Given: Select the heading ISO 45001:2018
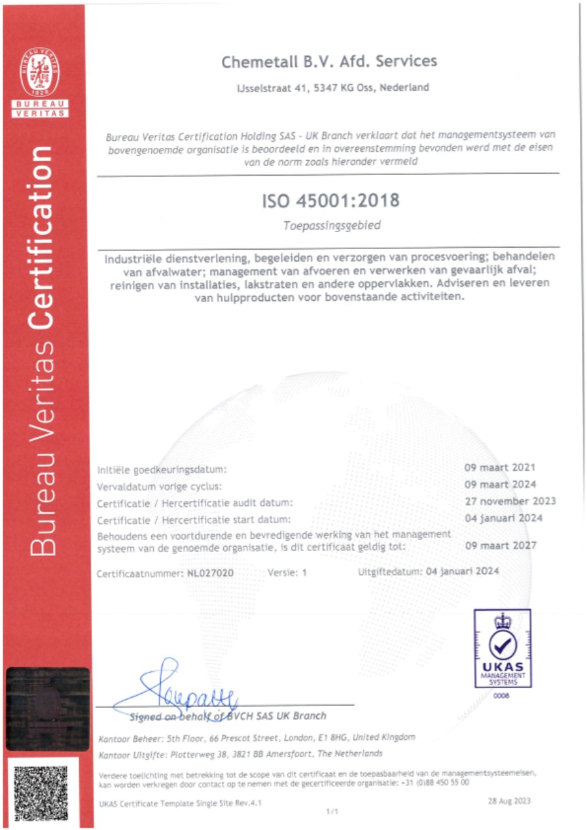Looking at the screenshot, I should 330,201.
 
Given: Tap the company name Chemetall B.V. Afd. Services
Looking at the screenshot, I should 329,62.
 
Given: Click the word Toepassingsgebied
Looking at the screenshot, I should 329,227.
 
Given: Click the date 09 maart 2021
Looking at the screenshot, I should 500,468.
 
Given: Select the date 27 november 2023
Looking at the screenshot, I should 510,501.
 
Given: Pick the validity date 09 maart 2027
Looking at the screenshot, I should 501,545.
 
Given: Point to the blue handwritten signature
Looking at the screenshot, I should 188,691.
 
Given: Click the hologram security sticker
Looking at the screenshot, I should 47,709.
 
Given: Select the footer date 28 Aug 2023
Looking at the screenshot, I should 509,801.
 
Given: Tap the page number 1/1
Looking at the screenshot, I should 331,811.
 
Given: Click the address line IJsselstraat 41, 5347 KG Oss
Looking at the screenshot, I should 333,88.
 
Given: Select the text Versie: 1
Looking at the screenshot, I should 286,573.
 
